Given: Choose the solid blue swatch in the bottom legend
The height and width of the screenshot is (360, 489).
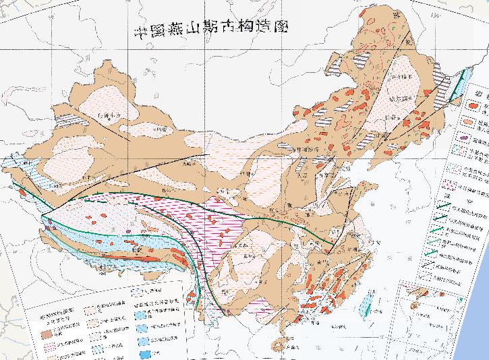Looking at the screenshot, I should (x=146, y=353).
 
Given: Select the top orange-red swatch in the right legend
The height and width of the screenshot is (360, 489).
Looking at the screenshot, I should (x=469, y=105).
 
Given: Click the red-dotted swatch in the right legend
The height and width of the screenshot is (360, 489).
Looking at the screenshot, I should (x=470, y=183).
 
